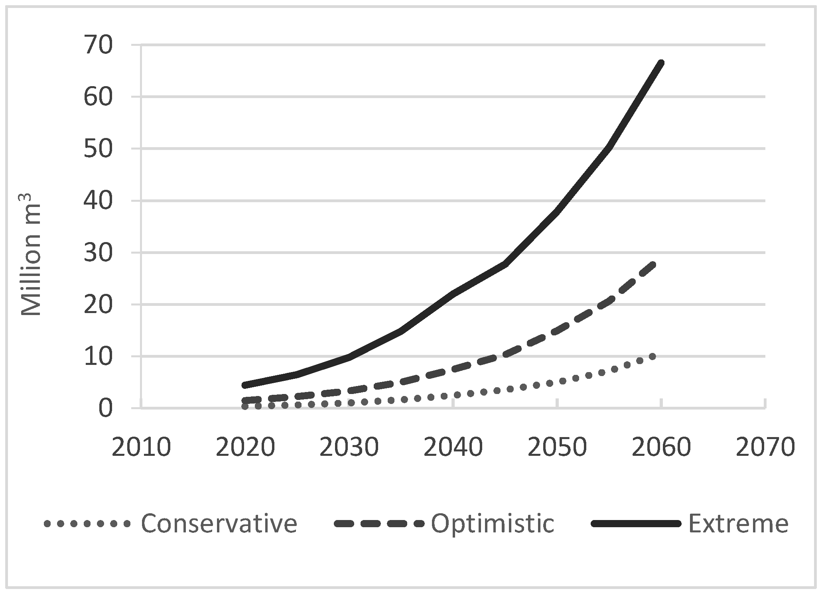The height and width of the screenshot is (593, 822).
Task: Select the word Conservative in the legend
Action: [x=219, y=524]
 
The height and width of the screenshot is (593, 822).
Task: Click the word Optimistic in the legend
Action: [x=493, y=524]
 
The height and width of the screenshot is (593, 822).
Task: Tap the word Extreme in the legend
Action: [x=738, y=524]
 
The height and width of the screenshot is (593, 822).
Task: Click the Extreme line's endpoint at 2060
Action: [x=661, y=63]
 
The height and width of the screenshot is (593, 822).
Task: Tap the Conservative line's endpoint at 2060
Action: [x=652, y=357]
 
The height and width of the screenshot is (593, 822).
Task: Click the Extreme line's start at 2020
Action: [x=245, y=385]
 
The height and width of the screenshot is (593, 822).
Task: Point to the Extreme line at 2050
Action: [x=557, y=211]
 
